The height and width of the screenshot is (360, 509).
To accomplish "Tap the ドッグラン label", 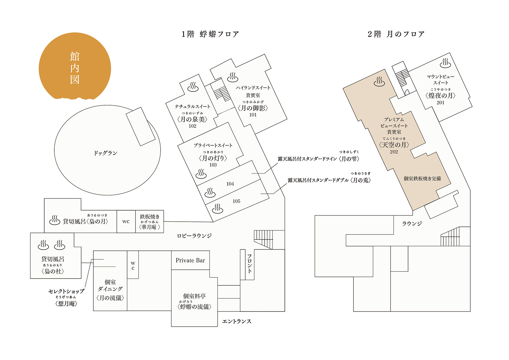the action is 105,153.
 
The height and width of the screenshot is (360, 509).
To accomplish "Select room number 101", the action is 253,115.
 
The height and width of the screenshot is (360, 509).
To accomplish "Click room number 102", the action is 192,126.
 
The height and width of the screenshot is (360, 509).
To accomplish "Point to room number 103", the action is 213,165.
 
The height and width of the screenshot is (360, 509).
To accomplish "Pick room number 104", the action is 230,184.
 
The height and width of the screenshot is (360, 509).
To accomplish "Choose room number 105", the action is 236,201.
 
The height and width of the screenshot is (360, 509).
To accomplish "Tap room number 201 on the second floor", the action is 441,103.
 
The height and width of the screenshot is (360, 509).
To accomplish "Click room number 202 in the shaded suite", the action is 394,152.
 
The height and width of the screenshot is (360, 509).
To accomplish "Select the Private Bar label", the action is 190,260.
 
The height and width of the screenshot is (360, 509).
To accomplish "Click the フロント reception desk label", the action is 249,264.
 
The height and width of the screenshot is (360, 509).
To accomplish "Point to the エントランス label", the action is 237,321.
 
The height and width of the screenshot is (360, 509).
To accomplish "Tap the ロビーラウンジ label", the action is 194,236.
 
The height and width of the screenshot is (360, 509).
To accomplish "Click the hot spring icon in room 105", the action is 217,209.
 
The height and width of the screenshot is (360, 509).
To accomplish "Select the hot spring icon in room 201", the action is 445,63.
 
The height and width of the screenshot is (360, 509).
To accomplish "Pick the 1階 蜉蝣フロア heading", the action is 210,34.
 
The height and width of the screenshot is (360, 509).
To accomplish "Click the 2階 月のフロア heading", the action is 396,34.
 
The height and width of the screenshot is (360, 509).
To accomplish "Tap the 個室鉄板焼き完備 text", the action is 422,178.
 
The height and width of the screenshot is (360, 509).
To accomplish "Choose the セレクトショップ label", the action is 66,291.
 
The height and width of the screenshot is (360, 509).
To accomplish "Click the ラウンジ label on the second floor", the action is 412,223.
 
